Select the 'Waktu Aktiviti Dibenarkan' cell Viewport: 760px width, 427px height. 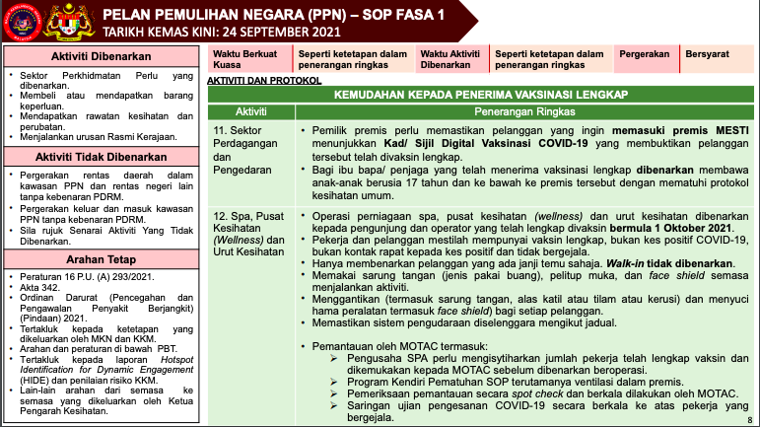tap(451, 58)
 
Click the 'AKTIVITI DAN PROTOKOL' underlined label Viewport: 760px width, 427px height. tap(264, 78)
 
